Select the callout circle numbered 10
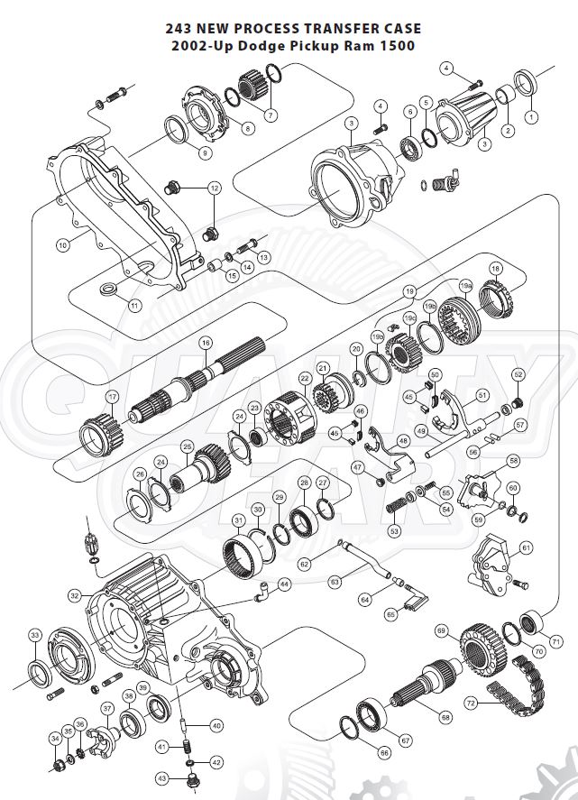(x=62, y=244)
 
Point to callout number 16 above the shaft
(x=206, y=343)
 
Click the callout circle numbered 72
(x=470, y=701)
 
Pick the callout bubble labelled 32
(x=74, y=595)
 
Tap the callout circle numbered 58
(x=514, y=460)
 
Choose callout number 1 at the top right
(x=531, y=116)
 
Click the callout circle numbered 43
(x=162, y=777)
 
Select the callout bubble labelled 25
(x=187, y=446)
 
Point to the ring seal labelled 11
(x=109, y=289)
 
